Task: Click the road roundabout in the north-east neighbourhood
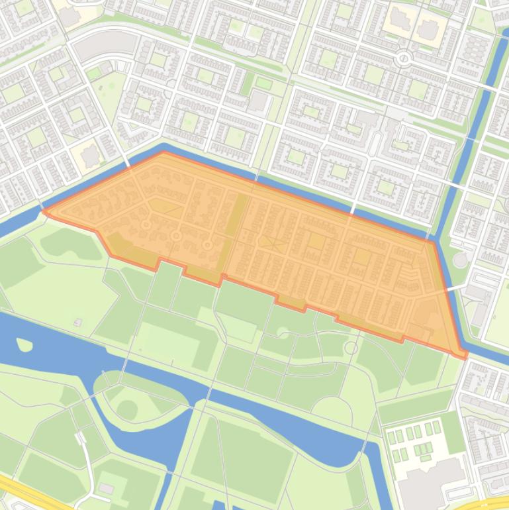pos(403,59)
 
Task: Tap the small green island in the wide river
pos(24,344)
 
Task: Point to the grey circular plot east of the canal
pos(461,260)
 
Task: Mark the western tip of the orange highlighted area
pos(44,211)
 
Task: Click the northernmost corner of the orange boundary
pos(163,152)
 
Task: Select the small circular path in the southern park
pos(351,347)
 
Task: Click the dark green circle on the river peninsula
pos(127,409)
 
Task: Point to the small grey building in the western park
pos(78,323)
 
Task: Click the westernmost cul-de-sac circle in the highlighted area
pos(146,225)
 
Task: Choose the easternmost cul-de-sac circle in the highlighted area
pos(207,245)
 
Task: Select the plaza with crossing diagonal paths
pos(269,243)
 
